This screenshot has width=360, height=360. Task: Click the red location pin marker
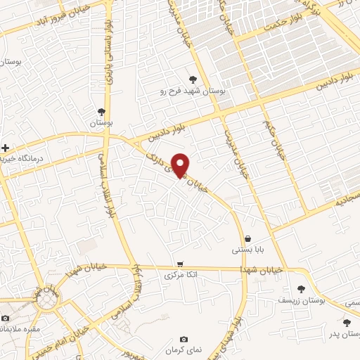(180, 165)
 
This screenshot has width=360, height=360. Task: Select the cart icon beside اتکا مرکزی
(180, 264)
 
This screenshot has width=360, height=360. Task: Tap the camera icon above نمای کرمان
(184, 340)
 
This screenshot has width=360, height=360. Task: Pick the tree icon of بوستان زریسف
(302, 289)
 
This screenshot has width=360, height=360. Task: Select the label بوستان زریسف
(302, 300)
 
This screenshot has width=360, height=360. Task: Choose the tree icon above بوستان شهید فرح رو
(193, 79)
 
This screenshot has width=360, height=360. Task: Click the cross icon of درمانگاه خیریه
(6, 148)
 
